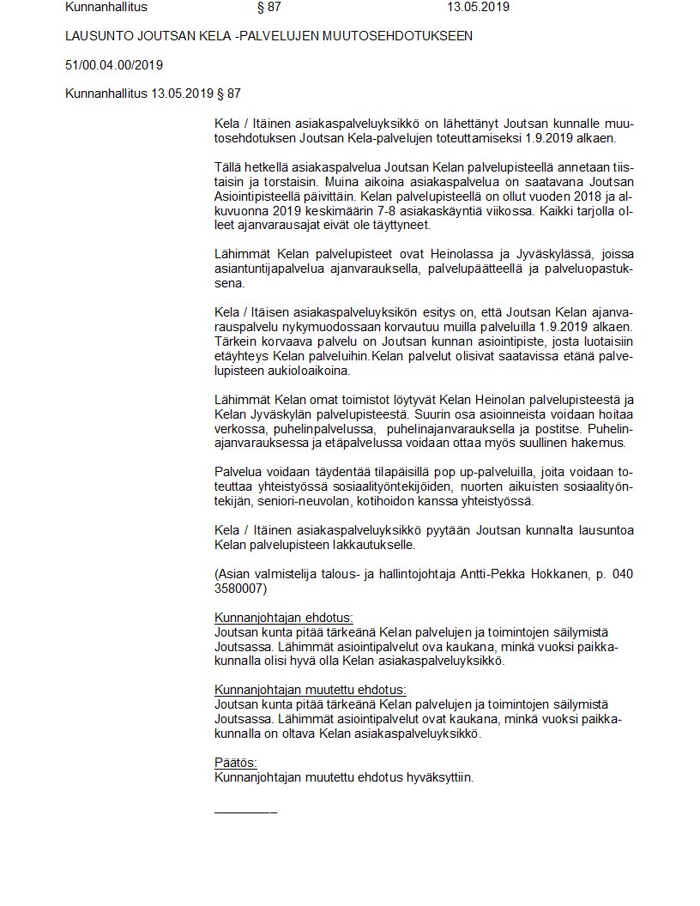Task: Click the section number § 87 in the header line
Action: coord(269,7)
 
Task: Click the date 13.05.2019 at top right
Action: coord(479,7)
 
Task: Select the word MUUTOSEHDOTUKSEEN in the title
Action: coord(404,36)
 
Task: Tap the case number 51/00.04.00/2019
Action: coord(114,64)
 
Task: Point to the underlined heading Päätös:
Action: coord(235,763)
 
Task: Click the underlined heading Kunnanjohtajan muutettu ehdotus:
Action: coord(310,690)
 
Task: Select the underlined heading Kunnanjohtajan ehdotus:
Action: coord(283,617)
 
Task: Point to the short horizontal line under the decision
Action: coord(244,812)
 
